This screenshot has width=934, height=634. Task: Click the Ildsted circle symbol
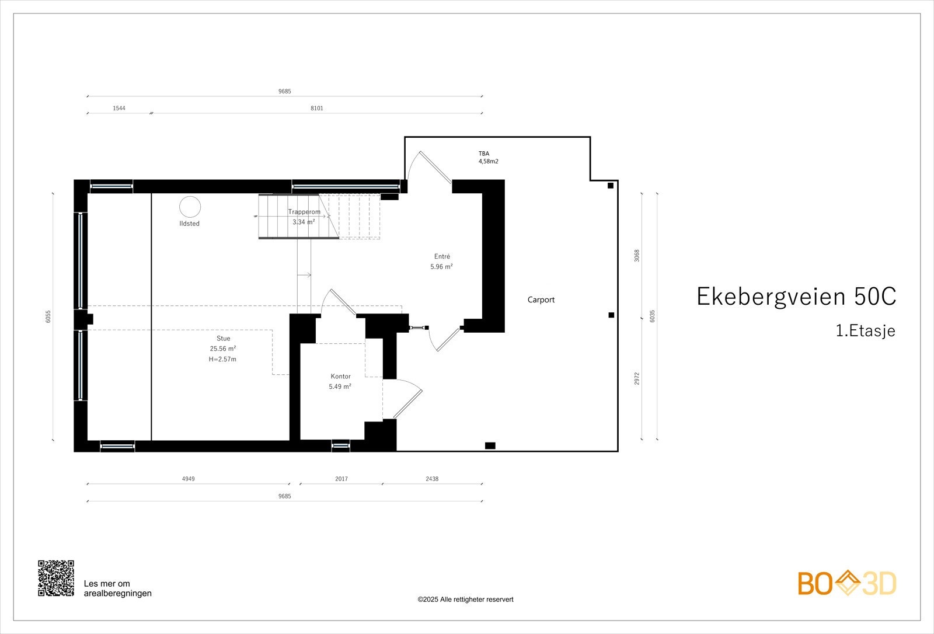pos(190,207)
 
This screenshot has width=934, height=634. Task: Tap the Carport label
pos(541,299)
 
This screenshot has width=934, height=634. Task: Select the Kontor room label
pos(340,377)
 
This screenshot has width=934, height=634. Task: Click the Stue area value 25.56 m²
pos(223,349)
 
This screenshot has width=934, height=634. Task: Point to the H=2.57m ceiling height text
pos(222,359)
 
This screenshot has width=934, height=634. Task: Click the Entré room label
pos(442,256)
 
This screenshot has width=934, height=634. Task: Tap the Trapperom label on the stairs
pos(304,212)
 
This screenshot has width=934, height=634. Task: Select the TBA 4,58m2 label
pos(488,158)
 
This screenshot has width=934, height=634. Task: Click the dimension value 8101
pos(317,108)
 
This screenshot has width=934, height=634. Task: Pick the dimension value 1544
pos(119,108)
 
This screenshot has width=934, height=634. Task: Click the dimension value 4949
pos(188,479)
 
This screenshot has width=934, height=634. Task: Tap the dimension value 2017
pos(341,479)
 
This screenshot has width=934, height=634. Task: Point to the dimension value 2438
pos(432,479)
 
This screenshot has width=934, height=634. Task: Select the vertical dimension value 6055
pos(48,316)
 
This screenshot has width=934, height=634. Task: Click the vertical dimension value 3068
pos(637,255)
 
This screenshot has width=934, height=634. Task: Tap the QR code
pos(56,578)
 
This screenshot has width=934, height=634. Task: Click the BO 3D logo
pos(846,583)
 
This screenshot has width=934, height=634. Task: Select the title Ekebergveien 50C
pos(796,297)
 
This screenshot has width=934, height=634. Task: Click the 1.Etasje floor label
pos(865,331)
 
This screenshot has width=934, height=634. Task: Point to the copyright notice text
pos(465,600)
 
